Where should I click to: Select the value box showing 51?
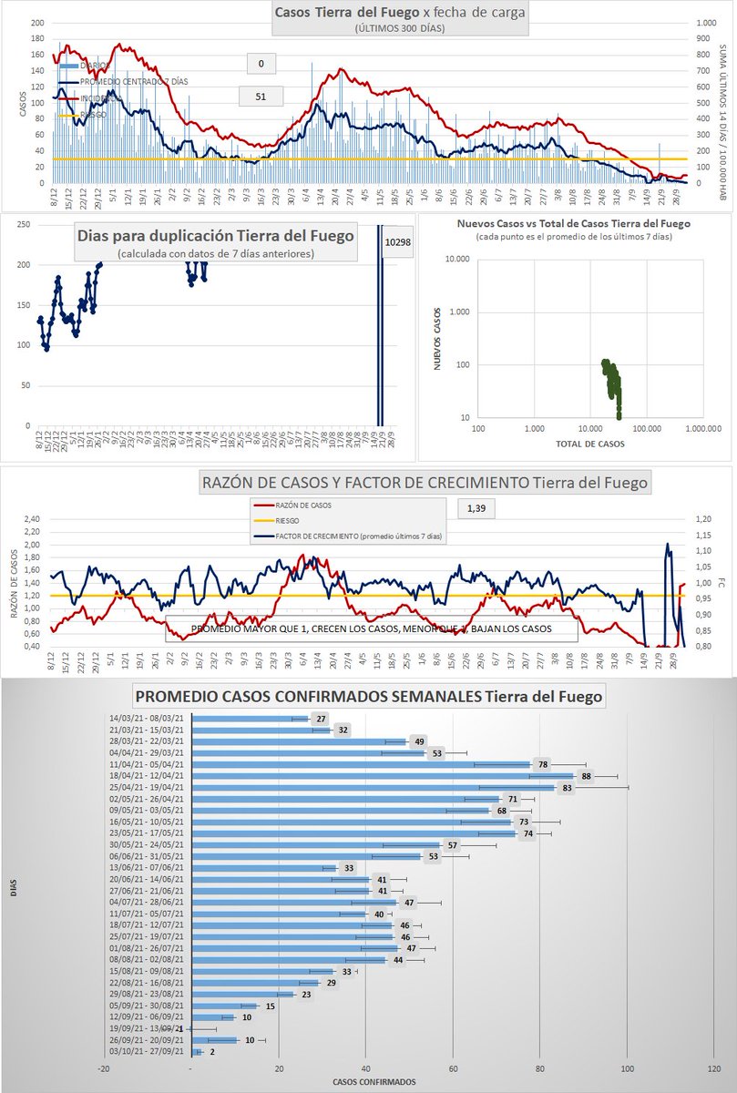click(261, 96)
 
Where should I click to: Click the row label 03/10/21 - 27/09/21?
click(147, 1051)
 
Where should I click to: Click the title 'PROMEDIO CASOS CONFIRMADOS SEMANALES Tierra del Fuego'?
click(382, 698)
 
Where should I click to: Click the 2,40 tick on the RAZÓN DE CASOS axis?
click(34, 519)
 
